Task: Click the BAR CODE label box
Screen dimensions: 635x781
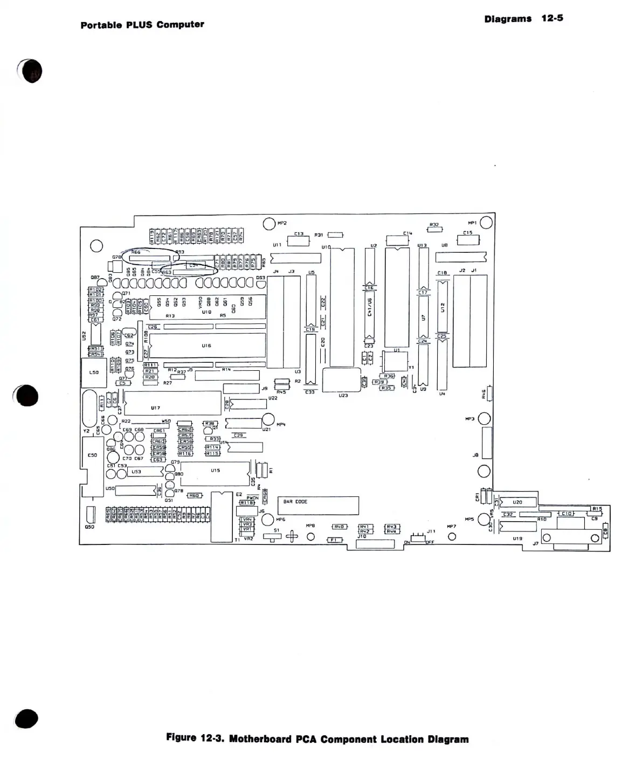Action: pos(318,506)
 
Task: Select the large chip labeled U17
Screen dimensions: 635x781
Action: pos(172,403)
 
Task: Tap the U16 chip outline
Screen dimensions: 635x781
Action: pos(208,345)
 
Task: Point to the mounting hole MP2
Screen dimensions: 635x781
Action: pos(269,224)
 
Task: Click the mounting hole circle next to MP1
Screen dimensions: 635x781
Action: pos(486,222)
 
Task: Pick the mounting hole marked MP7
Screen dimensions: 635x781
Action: pos(452,536)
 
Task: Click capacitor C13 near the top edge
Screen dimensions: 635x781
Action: pos(298,240)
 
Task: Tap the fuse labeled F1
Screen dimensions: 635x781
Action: pos(335,540)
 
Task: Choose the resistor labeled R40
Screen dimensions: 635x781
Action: pos(339,527)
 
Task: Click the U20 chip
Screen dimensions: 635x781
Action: pos(518,502)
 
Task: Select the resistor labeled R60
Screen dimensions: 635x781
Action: pos(194,495)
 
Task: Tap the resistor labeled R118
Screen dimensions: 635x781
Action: pos(246,502)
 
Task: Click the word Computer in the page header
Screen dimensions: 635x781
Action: pos(180,24)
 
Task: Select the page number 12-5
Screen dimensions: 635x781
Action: pos(552,18)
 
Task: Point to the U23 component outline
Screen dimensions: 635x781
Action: pos(341,379)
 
